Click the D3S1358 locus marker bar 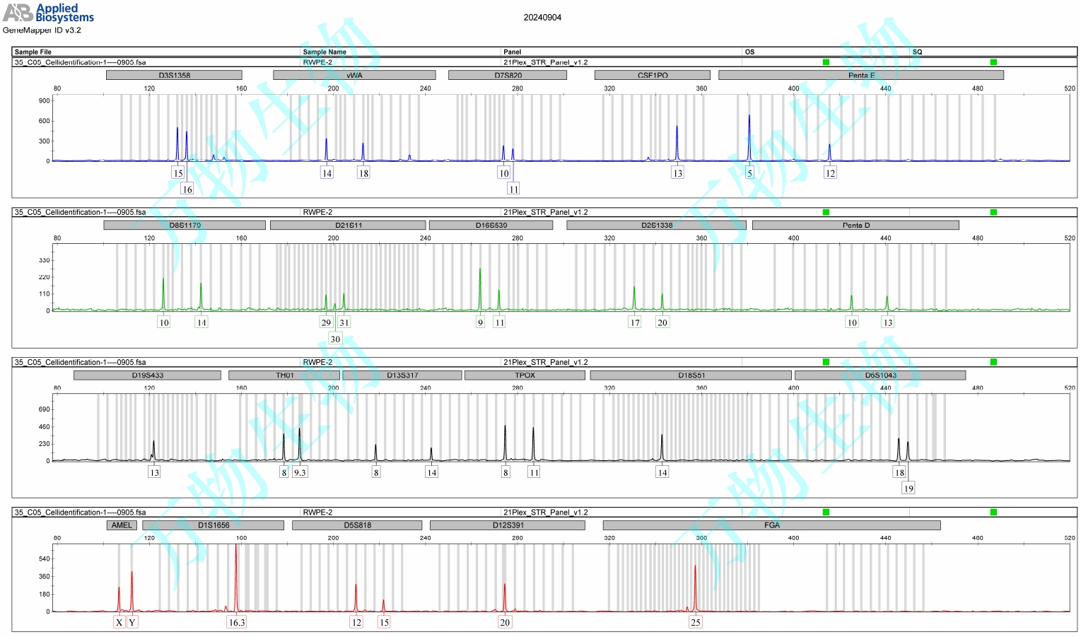pyautogui.click(x=174, y=75)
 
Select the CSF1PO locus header pyautogui.click(x=652, y=75)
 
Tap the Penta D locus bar pyautogui.click(x=855, y=225)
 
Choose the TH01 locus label pyautogui.click(x=284, y=375)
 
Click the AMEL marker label pyautogui.click(x=122, y=525)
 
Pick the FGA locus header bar pyautogui.click(x=771, y=525)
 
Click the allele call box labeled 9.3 pyautogui.click(x=300, y=472)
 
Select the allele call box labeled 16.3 pyautogui.click(x=236, y=622)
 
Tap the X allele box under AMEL pyautogui.click(x=119, y=622)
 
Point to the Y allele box pyautogui.click(x=132, y=622)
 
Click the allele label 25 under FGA pyautogui.click(x=696, y=622)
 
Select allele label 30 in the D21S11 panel pyautogui.click(x=335, y=339)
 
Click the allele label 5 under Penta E pyautogui.click(x=750, y=173)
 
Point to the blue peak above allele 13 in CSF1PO pyautogui.click(x=677, y=131)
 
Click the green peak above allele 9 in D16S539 pyautogui.click(x=480, y=272)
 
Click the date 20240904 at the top pyautogui.click(x=542, y=18)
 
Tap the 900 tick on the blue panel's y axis pyautogui.click(x=45, y=100)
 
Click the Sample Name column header pyautogui.click(x=325, y=52)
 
